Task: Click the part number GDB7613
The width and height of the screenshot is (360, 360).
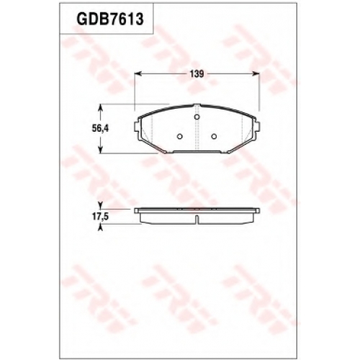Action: [110, 19]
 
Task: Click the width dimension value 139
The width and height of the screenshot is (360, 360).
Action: [197, 74]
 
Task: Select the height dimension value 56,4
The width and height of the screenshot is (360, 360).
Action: [100, 129]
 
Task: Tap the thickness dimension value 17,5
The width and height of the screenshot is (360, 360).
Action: [101, 217]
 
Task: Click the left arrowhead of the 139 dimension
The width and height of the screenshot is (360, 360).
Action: [138, 73]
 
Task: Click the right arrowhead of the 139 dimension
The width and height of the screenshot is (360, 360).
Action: [256, 73]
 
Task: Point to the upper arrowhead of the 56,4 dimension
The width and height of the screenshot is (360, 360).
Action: [101, 107]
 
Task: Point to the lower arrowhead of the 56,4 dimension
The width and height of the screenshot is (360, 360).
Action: [101, 150]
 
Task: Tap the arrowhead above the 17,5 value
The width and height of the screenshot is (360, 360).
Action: [101, 205]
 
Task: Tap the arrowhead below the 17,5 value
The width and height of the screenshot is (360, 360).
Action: [101, 228]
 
